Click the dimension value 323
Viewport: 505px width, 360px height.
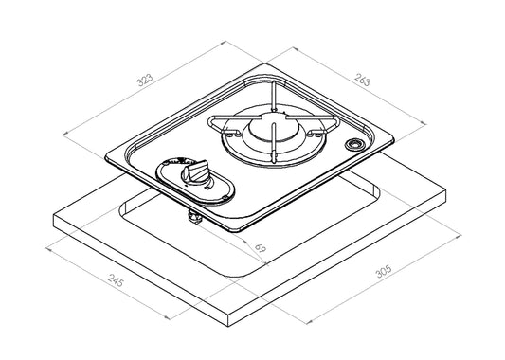tap(145, 81)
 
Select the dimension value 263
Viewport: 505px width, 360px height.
tap(363, 80)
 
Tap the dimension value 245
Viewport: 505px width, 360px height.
tap(116, 280)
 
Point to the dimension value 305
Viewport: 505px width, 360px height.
tap(384, 271)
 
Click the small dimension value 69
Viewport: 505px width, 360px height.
tap(261, 248)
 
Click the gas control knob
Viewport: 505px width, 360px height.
tap(195, 171)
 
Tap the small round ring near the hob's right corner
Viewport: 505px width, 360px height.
tap(353, 144)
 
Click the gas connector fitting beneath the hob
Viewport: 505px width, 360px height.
tap(194, 216)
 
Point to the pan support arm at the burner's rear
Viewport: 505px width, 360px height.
tap(273, 96)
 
